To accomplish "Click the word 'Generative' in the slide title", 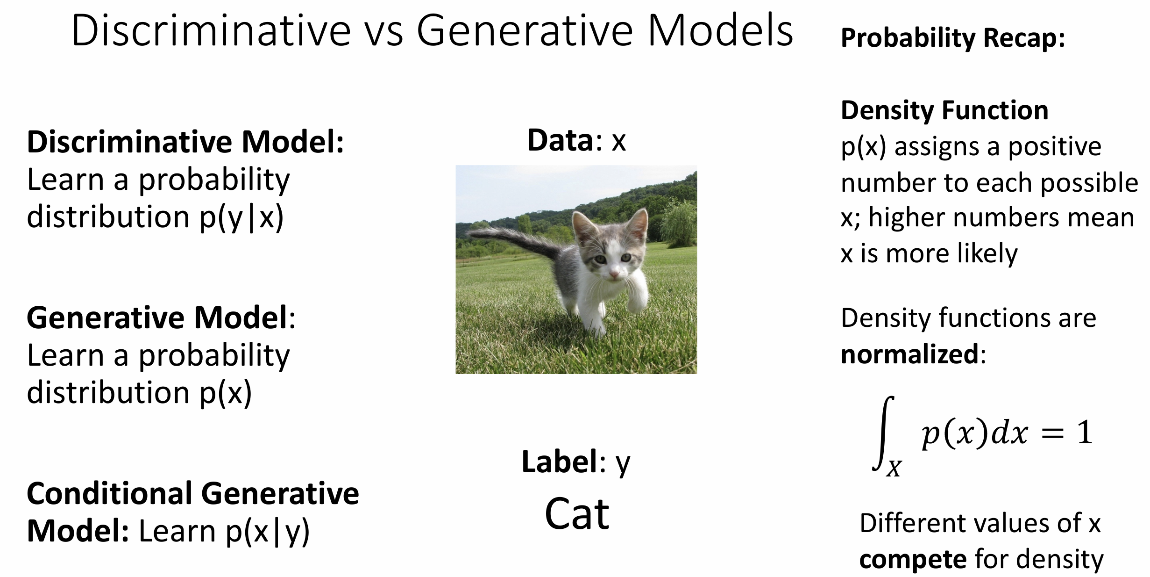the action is pyautogui.click(x=525, y=31).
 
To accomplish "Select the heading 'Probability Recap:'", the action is pyautogui.click(x=953, y=38).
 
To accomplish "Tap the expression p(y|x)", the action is pyautogui.click(x=241, y=218).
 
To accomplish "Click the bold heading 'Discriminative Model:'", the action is pyautogui.click(x=185, y=142).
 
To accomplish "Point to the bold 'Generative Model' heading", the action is pyautogui.click(x=157, y=317).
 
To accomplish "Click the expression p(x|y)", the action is pyautogui.click(x=267, y=532).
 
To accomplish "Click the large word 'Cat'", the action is pyautogui.click(x=577, y=513).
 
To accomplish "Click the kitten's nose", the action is pyautogui.click(x=614, y=274).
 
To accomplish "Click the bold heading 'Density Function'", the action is pyautogui.click(x=944, y=110).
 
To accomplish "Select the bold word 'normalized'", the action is pyautogui.click(x=909, y=354).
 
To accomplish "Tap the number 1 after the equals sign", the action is pyautogui.click(x=1084, y=433).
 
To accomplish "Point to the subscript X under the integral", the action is pyautogui.click(x=894, y=468).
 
